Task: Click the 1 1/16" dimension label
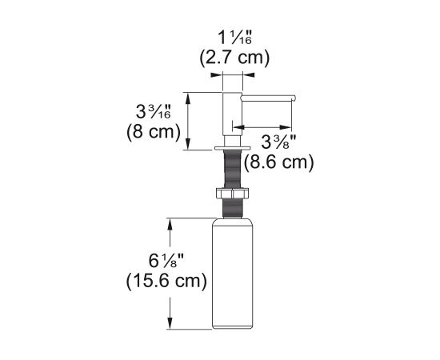tap(235, 38)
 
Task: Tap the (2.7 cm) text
tap(234, 58)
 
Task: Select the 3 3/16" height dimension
tap(154, 112)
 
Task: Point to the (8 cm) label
tap(154, 131)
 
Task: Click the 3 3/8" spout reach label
tap(278, 142)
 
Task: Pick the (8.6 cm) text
tap(278, 162)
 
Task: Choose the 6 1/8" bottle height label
tap(166, 261)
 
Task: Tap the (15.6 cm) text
tap(166, 281)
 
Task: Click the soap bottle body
tap(233, 274)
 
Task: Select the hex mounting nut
tap(232, 194)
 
